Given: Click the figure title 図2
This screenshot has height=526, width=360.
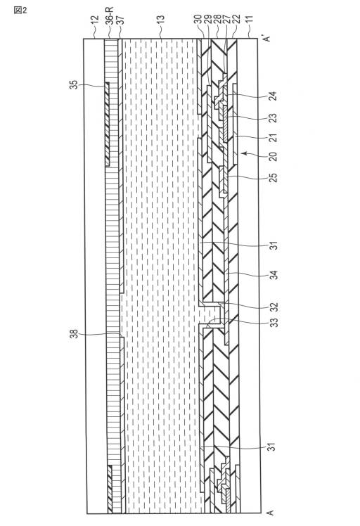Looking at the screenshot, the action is pyautogui.click(x=20, y=10).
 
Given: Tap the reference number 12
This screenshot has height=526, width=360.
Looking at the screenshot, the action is pyautogui.click(x=95, y=20).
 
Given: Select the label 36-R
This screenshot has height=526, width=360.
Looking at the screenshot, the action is pyautogui.click(x=110, y=15).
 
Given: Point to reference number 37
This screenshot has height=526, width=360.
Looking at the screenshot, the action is pyautogui.click(x=120, y=20).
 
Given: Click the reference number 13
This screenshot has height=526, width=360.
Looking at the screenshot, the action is pyautogui.click(x=161, y=20).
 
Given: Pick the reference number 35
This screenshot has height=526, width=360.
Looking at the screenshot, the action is pyautogui.click(x=73, y=84).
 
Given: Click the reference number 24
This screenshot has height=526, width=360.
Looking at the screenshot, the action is pyautogui.click(x=274, y=96).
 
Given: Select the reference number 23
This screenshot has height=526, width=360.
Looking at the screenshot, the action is pyautogui.click(x=274, y=117).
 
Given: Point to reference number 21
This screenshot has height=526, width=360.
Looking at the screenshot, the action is pyautogui.click(x=274, y=137).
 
